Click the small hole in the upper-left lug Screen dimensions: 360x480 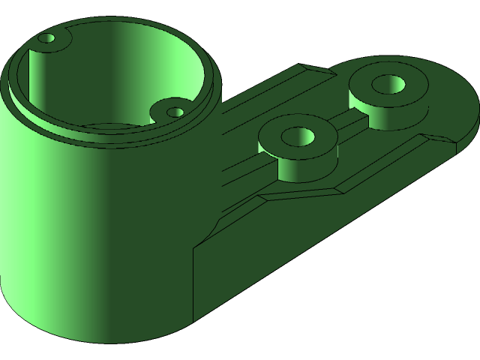[47, 38]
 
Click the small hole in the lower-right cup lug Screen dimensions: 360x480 [175, 112]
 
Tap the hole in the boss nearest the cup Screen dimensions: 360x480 [296, 136]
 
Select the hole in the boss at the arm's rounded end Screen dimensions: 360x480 [388, 83]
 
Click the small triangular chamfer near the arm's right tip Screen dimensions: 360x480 [442, 138]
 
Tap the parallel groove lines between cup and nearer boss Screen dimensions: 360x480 [240, 161]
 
